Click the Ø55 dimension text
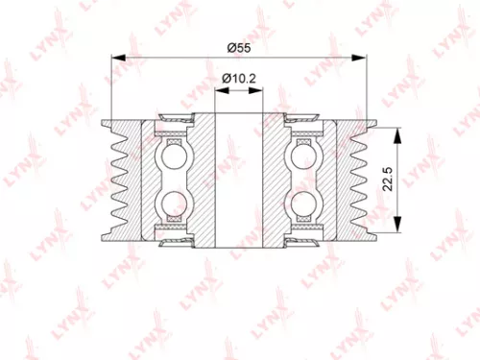pyautogui.click(x=240, y=47)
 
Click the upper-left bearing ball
pyautogui.click(x=175, y=155)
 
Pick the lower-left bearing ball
pyautogui.click(x=175, y=203)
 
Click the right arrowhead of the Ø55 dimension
pyautogui.click(x=365, y=58)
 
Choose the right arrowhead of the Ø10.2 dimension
pyautogui.click(x=261, y=89)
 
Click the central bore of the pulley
pyautogui.click(x=240, y=179)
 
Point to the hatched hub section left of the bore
pyautogui.click(x=204, y=179)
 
